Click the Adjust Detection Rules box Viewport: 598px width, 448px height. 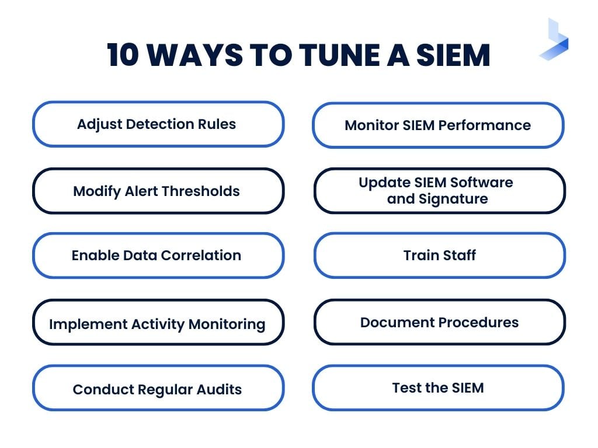pyautogui.click(x=158, y=124)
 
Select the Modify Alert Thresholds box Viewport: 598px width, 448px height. pyautogui.click(x=158, y=191)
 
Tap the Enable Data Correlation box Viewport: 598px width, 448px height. pyautogui.click(x=158, y=256)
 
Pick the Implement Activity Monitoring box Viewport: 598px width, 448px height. pyautogui.click(x=158, y=323)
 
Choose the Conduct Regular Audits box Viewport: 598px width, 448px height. pyautogui.click(x=158, y=389)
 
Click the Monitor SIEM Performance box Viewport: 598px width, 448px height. pyautogui.click(x=438, y=125)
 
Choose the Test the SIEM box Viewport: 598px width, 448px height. pyautogui.click(x=438, y=388)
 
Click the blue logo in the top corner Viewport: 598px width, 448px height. pyautogui.click(x=554, y=40)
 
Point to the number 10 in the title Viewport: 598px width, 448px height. pyautogui.click(x=124, y=55)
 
